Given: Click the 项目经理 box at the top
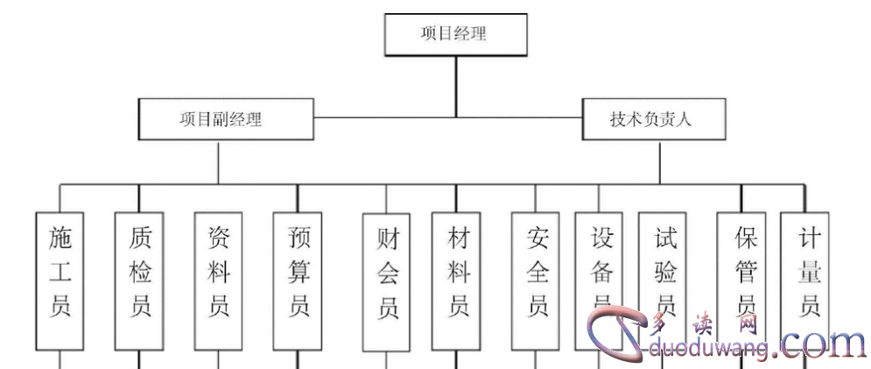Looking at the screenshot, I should click(455, 35).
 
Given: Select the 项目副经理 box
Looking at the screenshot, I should click(226, 118).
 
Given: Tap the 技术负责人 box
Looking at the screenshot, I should click(654, 118).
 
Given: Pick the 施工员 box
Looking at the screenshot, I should click(60, 280).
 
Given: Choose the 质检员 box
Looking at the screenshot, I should click(139, 280).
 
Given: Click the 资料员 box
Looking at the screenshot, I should click(218, 280).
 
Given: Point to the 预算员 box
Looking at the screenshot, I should click(298, 280).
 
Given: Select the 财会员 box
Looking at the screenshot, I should click(387, 280).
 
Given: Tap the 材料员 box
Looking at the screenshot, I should click(456, 280).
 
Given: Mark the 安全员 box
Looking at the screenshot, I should click(537, 280).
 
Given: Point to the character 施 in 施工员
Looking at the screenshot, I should click(60, 237).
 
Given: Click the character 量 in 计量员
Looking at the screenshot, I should click(805, 272).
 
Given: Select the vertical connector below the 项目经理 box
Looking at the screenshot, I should click(455, 86).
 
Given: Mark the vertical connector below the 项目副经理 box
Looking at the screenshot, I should click(218, 161).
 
